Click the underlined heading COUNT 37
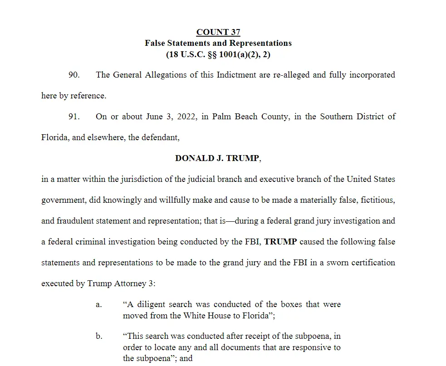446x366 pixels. click(x=218, y=32)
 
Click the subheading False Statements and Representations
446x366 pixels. click(x=218, y=44)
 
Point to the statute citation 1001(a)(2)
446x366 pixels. click(x=236, y=55)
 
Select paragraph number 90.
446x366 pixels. click(x=74, y=75)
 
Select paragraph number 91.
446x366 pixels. click(x=74, y=117)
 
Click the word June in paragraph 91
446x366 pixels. click(x=154, y=117)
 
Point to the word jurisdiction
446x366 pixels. click(x=145, y=179)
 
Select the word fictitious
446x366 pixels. click(x=376, y=200)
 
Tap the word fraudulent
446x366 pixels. click(x=74, y=221)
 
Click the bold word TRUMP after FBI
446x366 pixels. click(x=280, y=242)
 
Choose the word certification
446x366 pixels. click(x=373, y=263)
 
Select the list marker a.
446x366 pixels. click(x=98, y=304)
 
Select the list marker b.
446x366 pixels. click(x=98, y=336)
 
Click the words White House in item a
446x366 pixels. click(x=204, y=315)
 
